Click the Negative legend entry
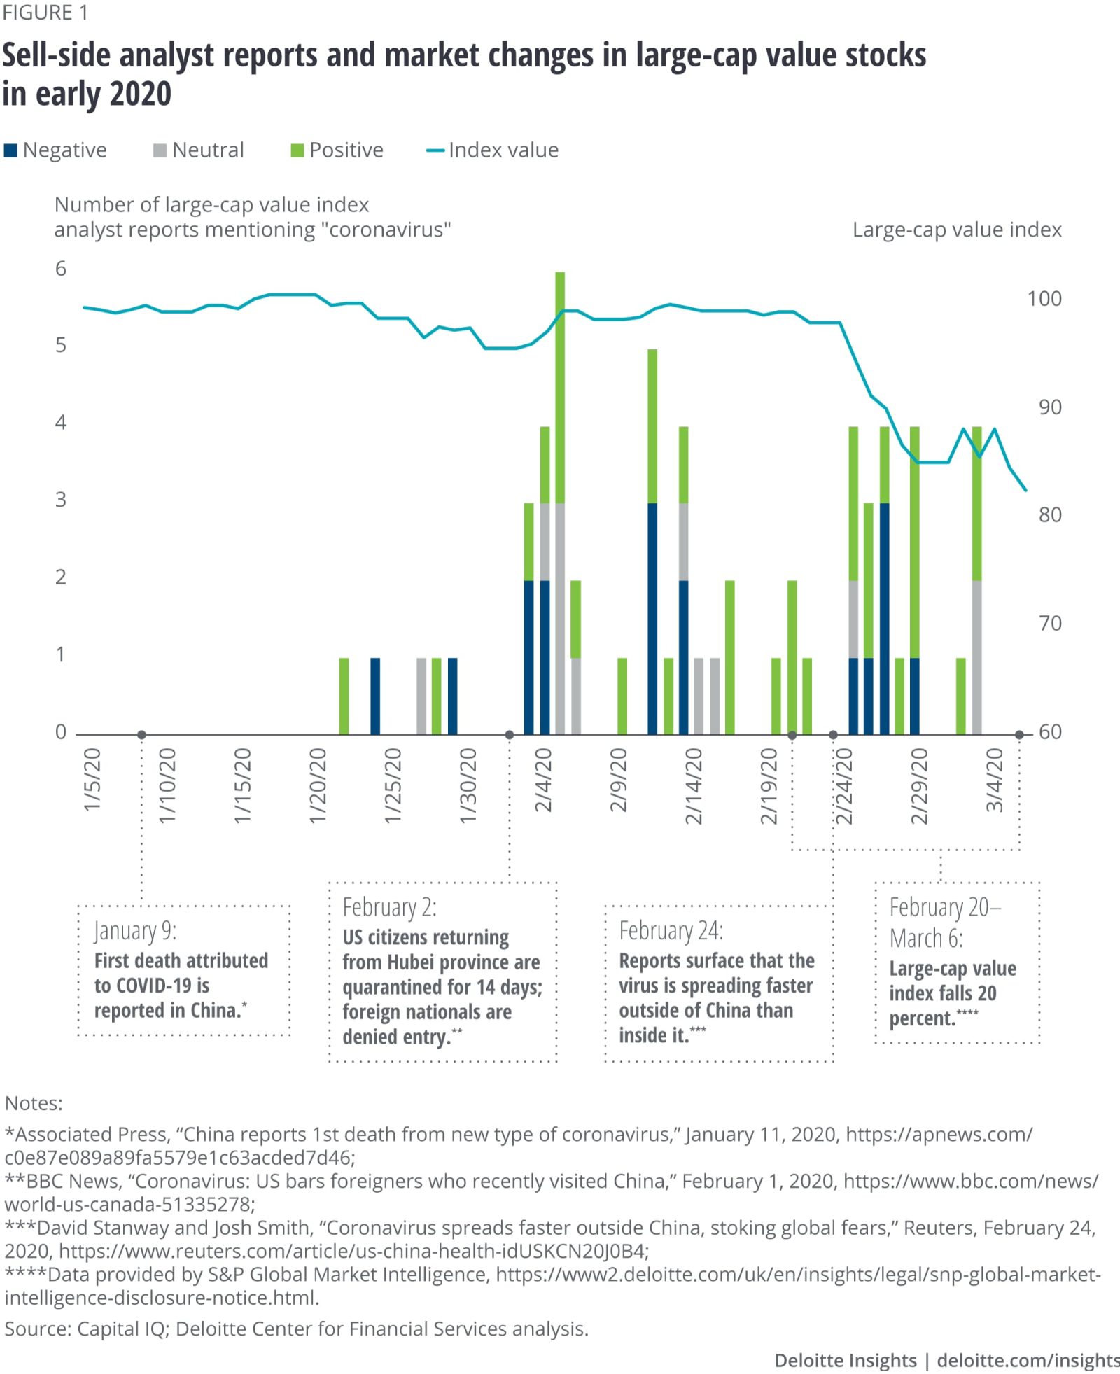(56, 150)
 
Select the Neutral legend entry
(199, 150)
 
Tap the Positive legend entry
(337, 150)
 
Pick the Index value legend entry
(493, 150)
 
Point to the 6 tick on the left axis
(61, 269)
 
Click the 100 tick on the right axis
(1044, 299)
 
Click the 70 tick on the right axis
(1049, 623)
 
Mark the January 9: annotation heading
(136, 931)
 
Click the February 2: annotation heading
(389, 907)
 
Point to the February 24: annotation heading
(671, 931)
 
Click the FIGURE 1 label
(45, 13)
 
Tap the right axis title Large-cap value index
(956, 230)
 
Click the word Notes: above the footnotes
(34, 1103)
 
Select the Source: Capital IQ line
(296, 1329)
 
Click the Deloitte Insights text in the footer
(845, 1360)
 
